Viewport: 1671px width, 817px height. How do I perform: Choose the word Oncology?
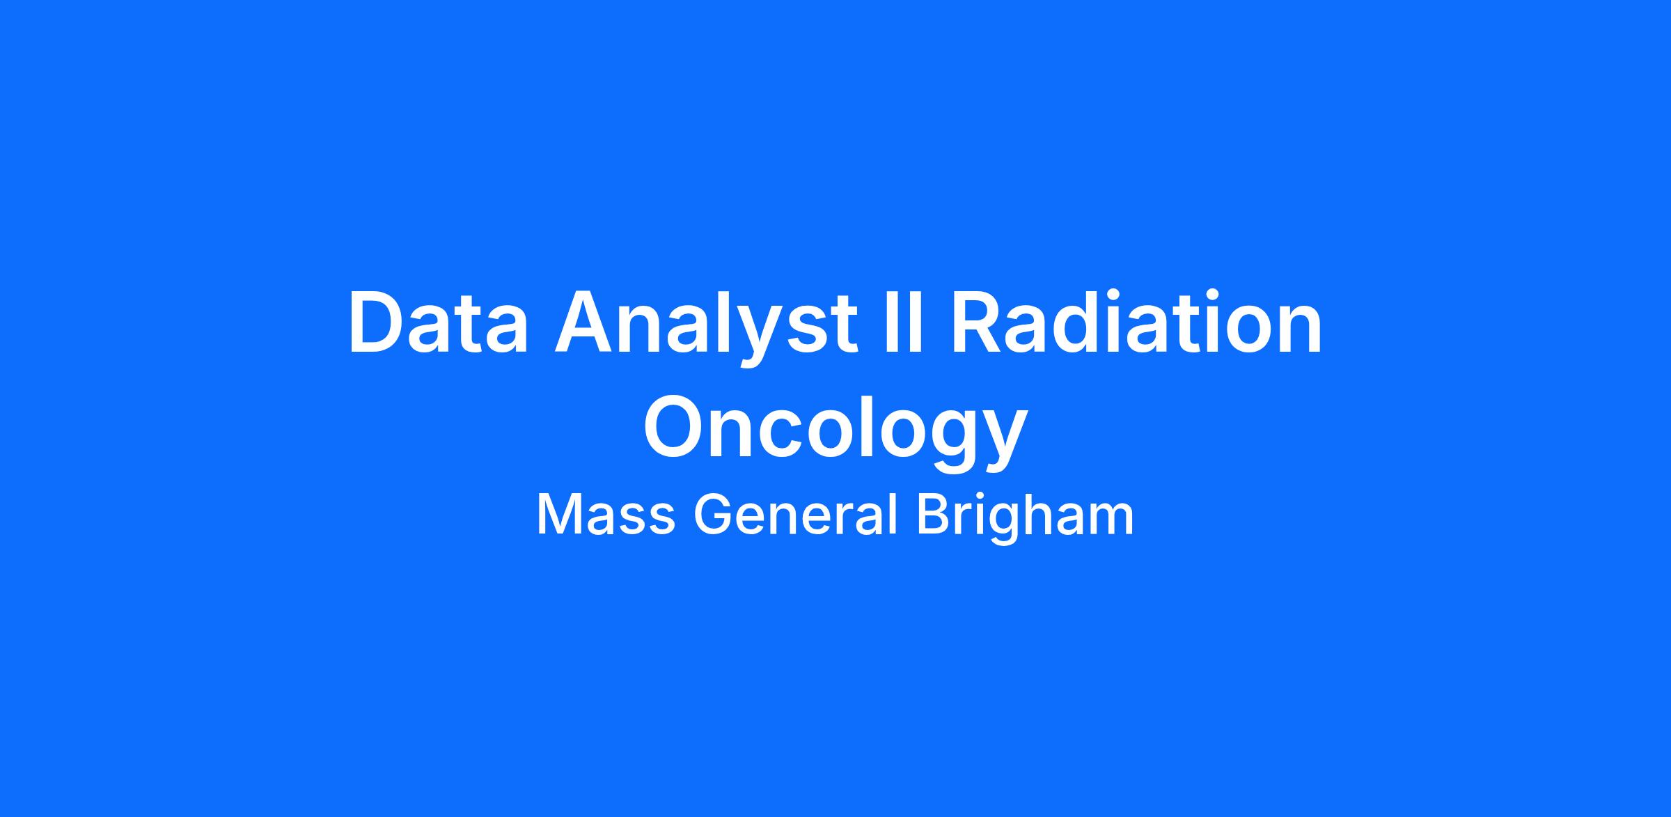tap(835, 432)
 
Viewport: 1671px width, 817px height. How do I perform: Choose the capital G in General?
tap(714, 515)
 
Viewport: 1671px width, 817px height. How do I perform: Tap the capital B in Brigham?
tap(933, 515)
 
